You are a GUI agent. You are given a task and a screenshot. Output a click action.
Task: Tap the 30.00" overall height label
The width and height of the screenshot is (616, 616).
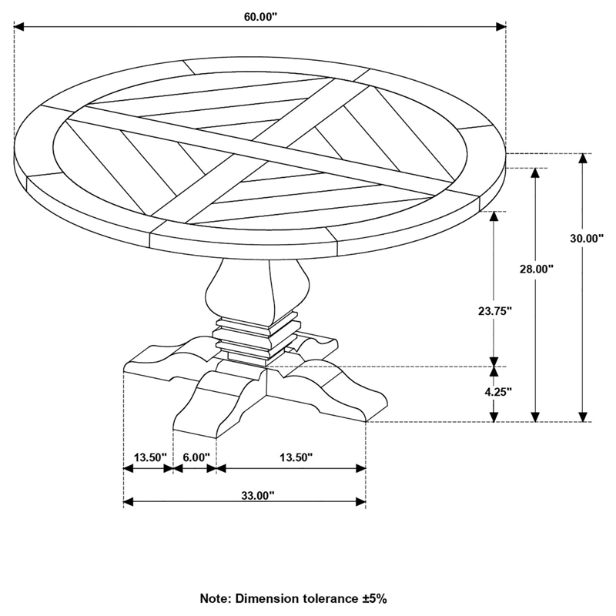click(x=586, y=239)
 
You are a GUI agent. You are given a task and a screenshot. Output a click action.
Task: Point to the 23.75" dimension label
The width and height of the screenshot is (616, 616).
click(x=494, y=311)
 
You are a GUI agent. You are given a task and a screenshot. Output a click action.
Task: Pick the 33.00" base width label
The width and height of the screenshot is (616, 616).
click(x=256, y=497)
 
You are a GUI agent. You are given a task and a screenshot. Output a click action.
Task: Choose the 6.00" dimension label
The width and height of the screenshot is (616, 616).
click(x=196, y=457)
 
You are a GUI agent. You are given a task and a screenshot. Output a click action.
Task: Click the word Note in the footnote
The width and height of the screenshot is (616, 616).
click(x=218, y=598)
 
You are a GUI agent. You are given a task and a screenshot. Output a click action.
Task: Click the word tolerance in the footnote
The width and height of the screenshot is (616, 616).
click(x=327, y=598)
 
